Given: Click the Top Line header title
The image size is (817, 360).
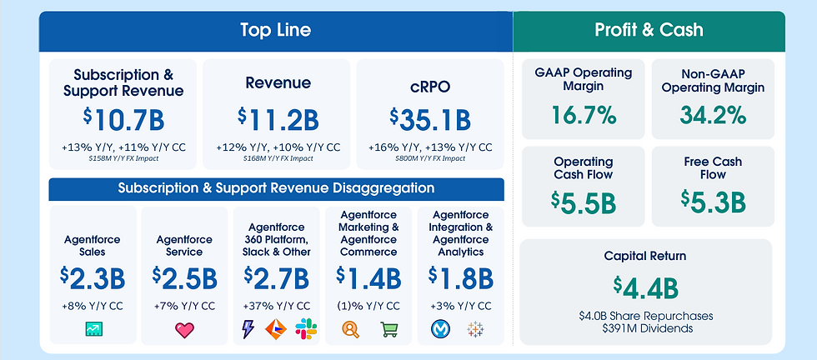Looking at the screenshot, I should point(275,30).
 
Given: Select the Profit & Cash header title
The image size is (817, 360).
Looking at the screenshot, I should point(649,30).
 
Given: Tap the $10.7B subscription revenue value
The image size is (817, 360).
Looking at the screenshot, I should point(123,119).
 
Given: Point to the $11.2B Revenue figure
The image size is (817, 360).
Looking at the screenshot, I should point(278,119).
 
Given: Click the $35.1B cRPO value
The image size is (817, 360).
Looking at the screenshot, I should point(429,119).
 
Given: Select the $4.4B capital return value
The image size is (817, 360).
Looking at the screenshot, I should point(645,287).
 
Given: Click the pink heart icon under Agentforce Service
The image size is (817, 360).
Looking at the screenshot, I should point(184,330).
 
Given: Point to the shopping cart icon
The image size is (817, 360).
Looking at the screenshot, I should point(389,330).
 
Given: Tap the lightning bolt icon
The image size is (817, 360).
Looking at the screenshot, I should point(248,330).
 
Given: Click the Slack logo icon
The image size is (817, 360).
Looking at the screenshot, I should point(305,330).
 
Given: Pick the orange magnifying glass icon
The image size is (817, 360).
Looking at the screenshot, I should point(351,330).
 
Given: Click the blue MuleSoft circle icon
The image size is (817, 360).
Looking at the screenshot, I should point(440,330).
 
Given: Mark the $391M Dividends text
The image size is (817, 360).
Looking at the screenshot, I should point(646,329).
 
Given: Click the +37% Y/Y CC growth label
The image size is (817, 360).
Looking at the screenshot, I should point(276,306).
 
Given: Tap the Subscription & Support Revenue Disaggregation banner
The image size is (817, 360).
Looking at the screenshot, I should point(276,188).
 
